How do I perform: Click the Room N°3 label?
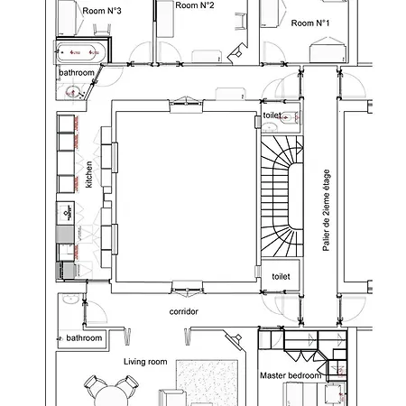[x=102, y=11]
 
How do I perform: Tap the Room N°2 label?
[x=195, y=5]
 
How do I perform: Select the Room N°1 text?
[x=310, y=23]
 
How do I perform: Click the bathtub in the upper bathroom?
[x=81, y=52]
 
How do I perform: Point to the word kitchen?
[x=88, y=174]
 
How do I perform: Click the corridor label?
[x=184, y=311]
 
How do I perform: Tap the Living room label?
[x=145, y=362]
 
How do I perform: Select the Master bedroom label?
[x=291, y=375]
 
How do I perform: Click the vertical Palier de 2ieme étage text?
[x=326, y=210]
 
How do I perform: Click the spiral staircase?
[x=282, y=196]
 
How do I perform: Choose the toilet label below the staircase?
[x=281, y=276]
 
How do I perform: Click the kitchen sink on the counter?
[x=66, y=212]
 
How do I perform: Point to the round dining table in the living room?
[x=111, y=396]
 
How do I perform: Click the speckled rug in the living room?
[x=207, y=383]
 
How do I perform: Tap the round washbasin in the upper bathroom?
[x=72, y=92]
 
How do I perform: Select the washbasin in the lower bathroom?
[x=71, y=300]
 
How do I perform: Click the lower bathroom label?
[x=84, y=338]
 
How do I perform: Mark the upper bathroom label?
[x=77, y=73]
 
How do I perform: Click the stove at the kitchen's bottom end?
[x=66, y=271]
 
